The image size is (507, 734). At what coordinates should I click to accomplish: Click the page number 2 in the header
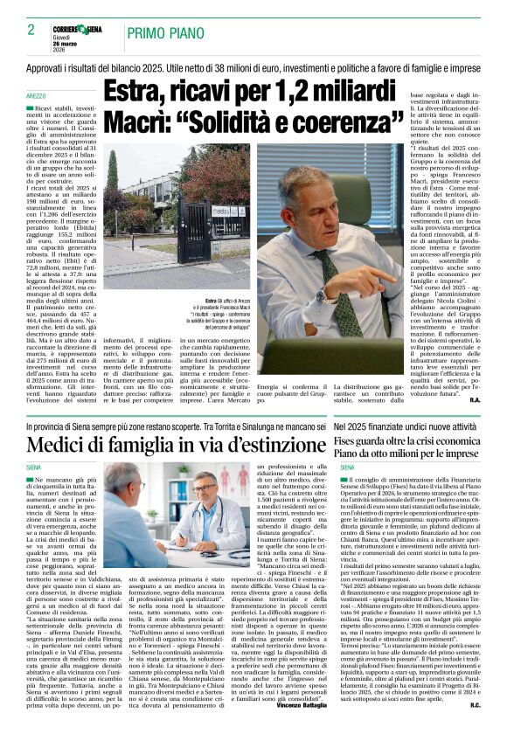(x=31, y=30)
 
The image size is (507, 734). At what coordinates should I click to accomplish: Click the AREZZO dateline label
(x=36, y=94)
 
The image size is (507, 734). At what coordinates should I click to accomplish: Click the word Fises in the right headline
(x=350, y=441)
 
